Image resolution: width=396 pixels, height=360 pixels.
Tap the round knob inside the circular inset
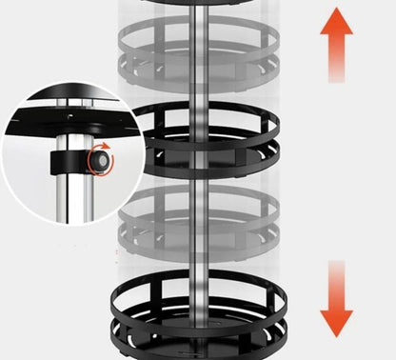click(x=98, y=160)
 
